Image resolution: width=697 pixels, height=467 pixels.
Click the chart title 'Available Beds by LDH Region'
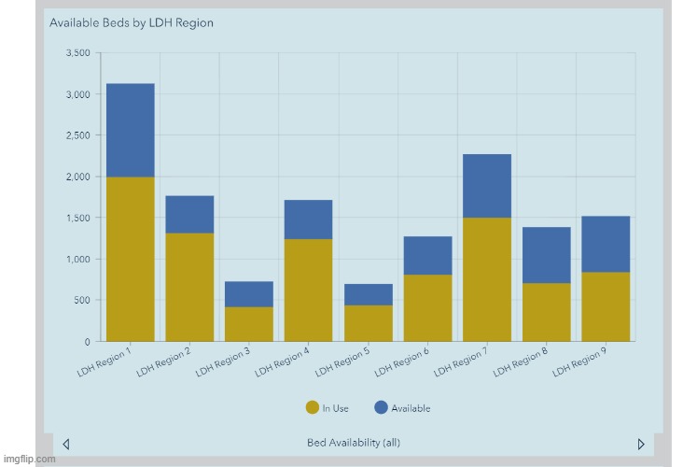(x=131, y=22)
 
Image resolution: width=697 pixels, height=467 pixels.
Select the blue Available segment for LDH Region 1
(x=131, y=130)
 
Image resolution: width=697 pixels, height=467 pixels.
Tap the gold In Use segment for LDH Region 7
(x=487, y=278)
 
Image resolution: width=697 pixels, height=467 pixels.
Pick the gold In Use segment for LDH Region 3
(x=249, y=323)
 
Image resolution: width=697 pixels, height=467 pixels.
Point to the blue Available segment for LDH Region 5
(x=369, y=294)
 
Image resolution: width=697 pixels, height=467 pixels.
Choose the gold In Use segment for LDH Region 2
(x=189, y=287)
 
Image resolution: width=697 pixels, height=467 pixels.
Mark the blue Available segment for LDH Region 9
(x=606, y=244)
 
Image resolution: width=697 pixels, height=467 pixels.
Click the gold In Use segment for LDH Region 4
(x=309, y=290)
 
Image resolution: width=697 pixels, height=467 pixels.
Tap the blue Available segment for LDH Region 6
(x=427, y=255)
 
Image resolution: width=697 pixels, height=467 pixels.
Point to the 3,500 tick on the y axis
(x=77, y=53)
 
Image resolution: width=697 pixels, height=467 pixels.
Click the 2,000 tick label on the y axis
(x=77, y=177)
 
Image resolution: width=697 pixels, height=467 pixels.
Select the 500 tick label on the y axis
(x=82, y=300)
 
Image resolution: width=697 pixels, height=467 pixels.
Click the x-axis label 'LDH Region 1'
(x=104, y=361)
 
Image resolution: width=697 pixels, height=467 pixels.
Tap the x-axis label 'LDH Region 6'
(x=401, y=361)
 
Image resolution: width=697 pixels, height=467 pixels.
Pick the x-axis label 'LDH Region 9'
(x=579, y=361)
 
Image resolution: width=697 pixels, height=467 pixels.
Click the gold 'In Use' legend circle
(x=312, y=407)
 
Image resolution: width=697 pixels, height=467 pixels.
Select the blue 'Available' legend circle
(x=381, y=407)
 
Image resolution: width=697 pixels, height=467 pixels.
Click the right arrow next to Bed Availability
(x=641, y=444)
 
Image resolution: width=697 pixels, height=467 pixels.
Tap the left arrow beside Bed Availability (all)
(x=65, y=444)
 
